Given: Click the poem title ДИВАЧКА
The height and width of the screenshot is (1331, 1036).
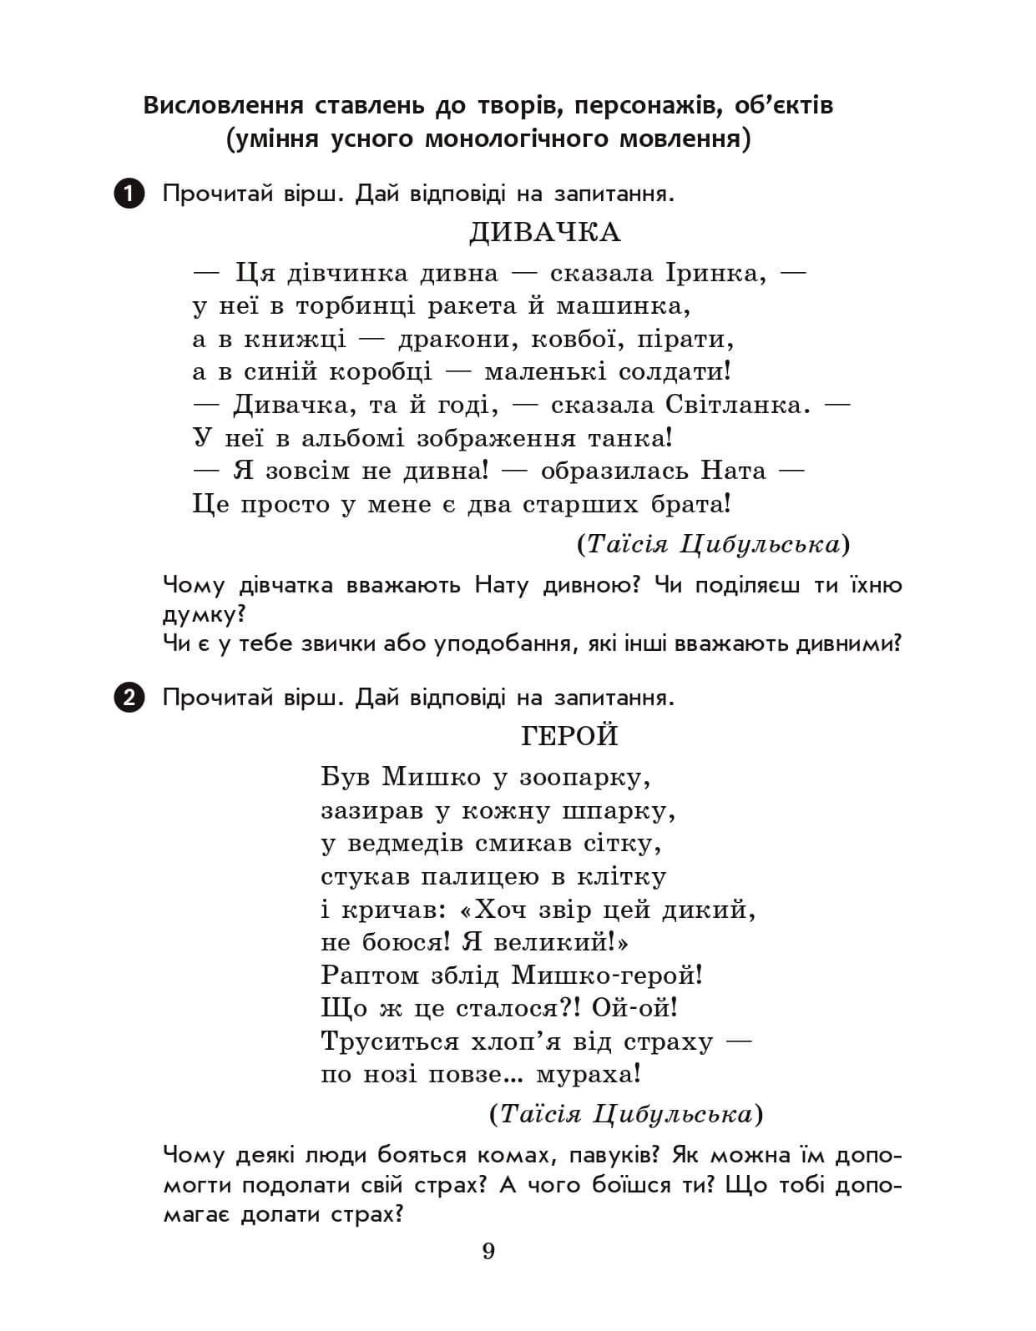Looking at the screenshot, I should click(x=544, y=232).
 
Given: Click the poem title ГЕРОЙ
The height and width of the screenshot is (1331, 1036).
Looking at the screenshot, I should click(x=570, y=736).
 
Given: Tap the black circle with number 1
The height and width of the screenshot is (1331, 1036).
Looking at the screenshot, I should click(x=129, y=194).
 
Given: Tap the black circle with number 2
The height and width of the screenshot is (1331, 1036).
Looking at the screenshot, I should click(x=129, y=697).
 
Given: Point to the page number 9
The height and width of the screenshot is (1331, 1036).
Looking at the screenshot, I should click(x=488, y=1252).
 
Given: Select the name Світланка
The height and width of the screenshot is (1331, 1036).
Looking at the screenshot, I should click(x=738, y=405).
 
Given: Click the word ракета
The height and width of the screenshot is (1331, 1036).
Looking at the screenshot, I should click(x=473, y=306).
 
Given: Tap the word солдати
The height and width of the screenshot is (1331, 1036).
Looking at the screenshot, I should click(x=675, y=372).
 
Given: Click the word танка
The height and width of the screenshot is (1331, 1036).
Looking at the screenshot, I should click(x=630, y=438).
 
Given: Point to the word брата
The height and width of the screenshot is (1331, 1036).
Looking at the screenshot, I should click(x=690, y=504).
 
